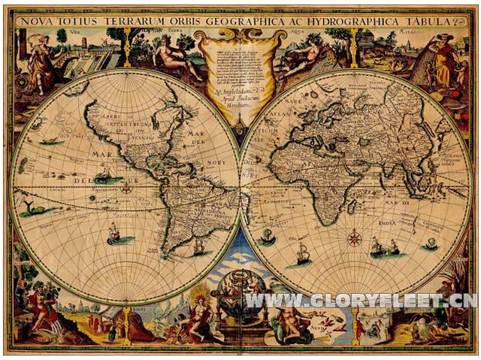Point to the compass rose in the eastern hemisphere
(x=353, y=240)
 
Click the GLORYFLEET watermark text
(x=360, y=301)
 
